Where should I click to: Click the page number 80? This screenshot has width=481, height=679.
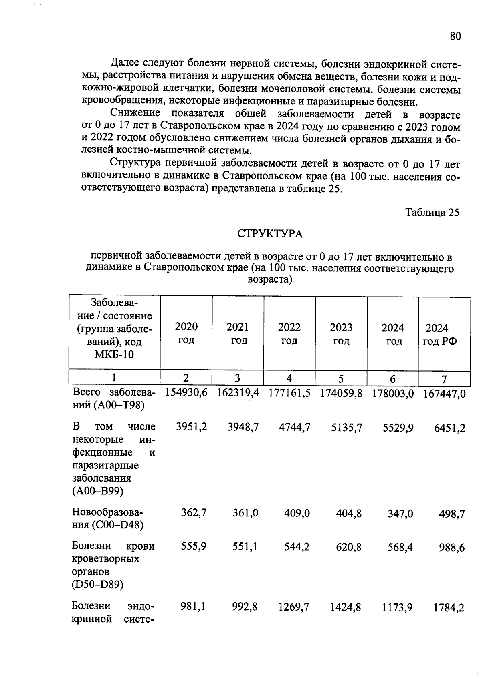point(455,36)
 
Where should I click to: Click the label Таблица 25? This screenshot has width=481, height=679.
point(432,212)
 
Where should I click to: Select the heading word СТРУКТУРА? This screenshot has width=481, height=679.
point(270,234)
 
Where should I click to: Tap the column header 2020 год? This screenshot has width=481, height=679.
point(186,333)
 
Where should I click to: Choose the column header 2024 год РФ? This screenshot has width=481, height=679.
point(440,335)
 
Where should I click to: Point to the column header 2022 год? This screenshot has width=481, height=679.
point(289,333)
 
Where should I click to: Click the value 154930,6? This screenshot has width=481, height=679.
point(186,393)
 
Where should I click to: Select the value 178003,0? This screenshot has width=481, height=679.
point(392,394)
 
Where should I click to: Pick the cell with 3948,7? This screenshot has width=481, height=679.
point(243,428)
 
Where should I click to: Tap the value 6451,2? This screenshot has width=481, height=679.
point(450,428)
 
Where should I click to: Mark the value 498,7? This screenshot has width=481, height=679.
point(452,514)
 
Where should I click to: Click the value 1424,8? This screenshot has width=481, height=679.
point(345,608)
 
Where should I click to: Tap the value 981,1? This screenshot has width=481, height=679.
point(193,607)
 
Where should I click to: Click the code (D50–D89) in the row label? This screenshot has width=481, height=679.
point(98,585)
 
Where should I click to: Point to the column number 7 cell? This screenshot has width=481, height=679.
point(444,379)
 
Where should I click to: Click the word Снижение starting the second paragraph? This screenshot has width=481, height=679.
point(135,113)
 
